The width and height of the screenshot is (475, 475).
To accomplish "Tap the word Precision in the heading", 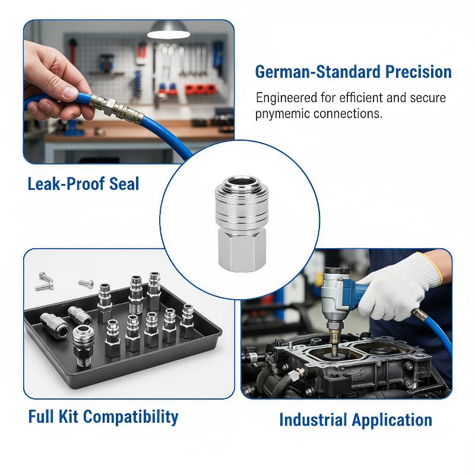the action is pos(419,72).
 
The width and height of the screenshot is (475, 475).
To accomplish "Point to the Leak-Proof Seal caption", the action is pos(83,184).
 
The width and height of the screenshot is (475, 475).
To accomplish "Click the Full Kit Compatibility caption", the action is pos(103,417).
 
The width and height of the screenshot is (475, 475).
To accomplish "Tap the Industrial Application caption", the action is pos(356,420).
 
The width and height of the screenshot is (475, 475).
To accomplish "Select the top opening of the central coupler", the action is pos(242,182).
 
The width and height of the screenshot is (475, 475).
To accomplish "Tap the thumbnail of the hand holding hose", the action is pos(129,92).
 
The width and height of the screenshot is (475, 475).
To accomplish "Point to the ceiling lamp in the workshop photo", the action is pos(169,30).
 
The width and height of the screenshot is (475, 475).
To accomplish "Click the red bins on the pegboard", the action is pos(200,89).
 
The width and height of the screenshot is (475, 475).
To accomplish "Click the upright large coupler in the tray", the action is pos(82,346).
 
